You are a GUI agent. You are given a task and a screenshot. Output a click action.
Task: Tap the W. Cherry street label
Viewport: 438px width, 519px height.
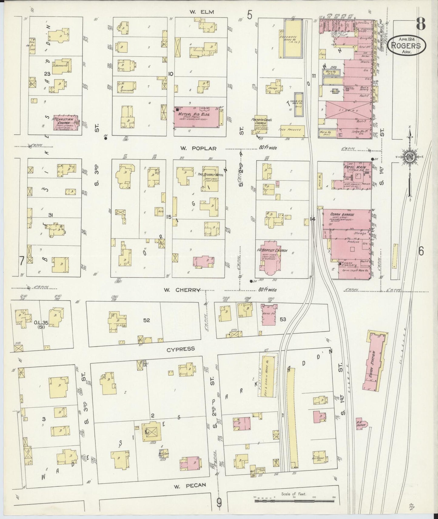point(182,290)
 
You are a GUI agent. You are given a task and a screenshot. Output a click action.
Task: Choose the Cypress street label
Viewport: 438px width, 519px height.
point(181,349)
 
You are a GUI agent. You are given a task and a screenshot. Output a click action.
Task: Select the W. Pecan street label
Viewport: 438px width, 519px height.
point(190,485)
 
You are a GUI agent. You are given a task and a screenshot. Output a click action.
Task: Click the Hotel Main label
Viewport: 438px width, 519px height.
point(354,167)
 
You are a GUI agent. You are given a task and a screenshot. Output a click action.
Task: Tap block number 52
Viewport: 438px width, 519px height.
point(147,320)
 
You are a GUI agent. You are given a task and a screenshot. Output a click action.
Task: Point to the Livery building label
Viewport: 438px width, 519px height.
point(349,111)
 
